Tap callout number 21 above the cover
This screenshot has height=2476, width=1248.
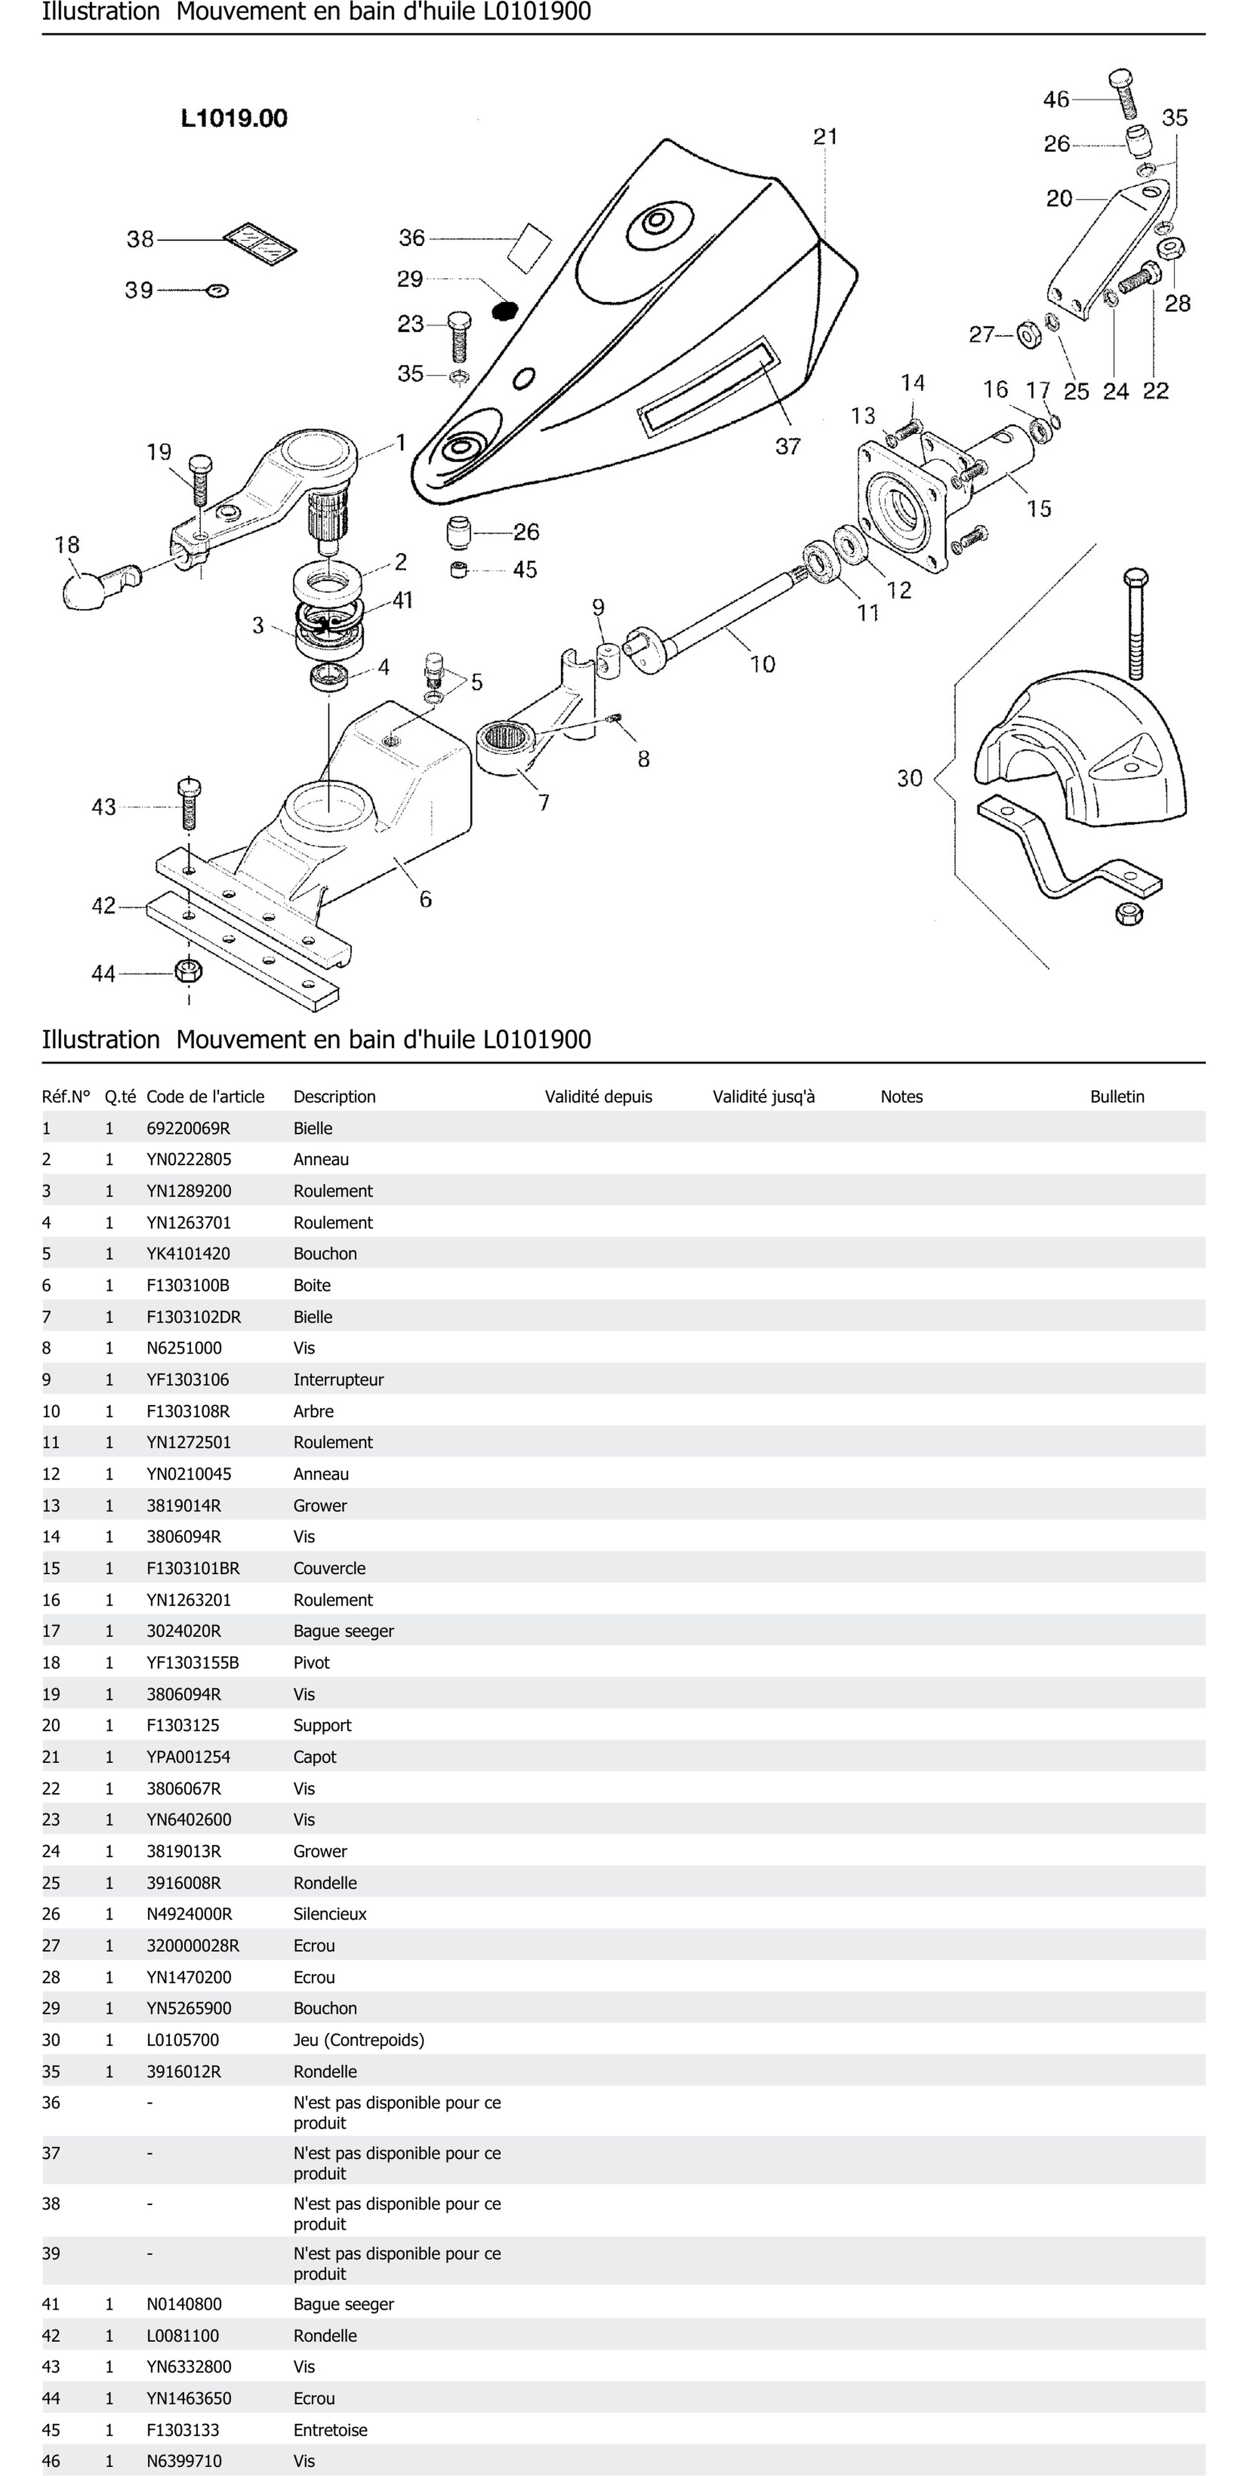(825, 137)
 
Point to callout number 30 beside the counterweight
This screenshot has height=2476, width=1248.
(909, 778)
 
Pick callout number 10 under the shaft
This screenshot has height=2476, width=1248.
(761, 663)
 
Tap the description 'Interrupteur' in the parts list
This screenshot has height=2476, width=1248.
(339, 1379)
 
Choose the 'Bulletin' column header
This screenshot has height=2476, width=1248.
(1116, 1097)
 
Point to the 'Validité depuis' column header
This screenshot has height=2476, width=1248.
(598, 1097)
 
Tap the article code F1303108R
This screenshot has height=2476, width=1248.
(188, 1411)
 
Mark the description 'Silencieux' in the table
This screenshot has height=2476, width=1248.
(330, 1914)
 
